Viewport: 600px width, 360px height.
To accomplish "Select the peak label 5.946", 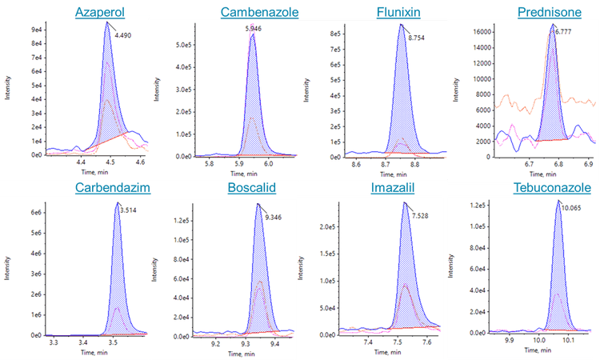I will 253,30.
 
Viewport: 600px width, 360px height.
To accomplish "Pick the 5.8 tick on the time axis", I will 210,164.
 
